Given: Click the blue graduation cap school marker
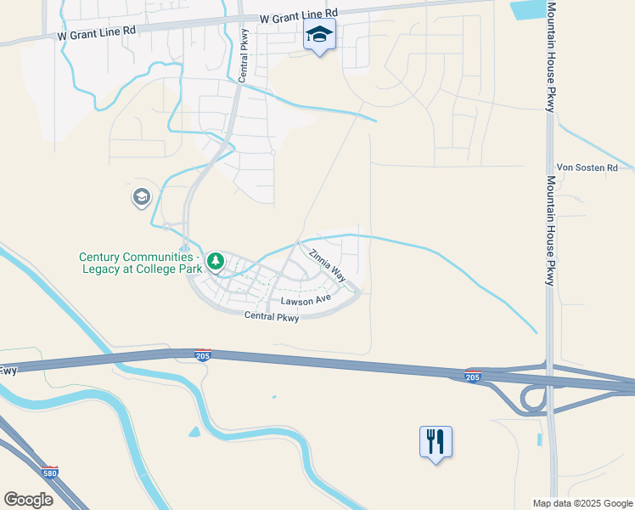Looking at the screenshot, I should [x=320, y=35].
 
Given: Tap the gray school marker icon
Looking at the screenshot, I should [x=141, y=198].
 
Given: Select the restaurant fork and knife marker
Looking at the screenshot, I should [x=436, y=441].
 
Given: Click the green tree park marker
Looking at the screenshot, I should [x=216, y=260].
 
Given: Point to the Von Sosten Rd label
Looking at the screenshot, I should [x=587, y=168].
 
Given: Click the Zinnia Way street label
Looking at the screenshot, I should [x=328, y=264].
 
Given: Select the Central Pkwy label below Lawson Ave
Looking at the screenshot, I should [x=272, y=317].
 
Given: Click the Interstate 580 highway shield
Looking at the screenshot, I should [x=52, y=471].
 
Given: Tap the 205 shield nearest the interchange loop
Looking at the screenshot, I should [x=473, y=377].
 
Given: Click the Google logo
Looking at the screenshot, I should [x=28, y=500].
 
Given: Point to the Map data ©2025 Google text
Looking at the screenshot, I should [x=582, y=503].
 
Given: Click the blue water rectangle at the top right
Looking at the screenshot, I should [x=528, y=9].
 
